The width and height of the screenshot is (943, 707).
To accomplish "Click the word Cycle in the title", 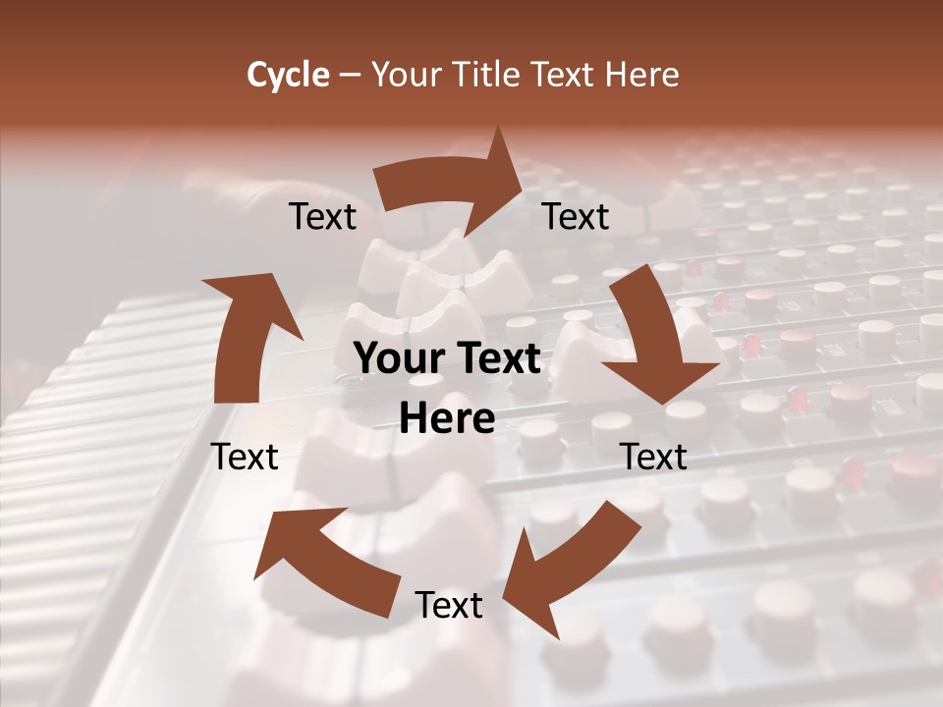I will [288, 75].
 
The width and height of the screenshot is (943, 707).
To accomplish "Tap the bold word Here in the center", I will [448, 419].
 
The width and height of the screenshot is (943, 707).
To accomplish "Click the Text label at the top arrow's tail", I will [322, 217].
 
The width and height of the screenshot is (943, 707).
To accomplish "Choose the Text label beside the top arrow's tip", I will [576, 217].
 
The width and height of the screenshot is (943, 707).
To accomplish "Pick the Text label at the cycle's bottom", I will [449, 605].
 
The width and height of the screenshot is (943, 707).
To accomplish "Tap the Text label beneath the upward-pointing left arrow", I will [246, 457].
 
